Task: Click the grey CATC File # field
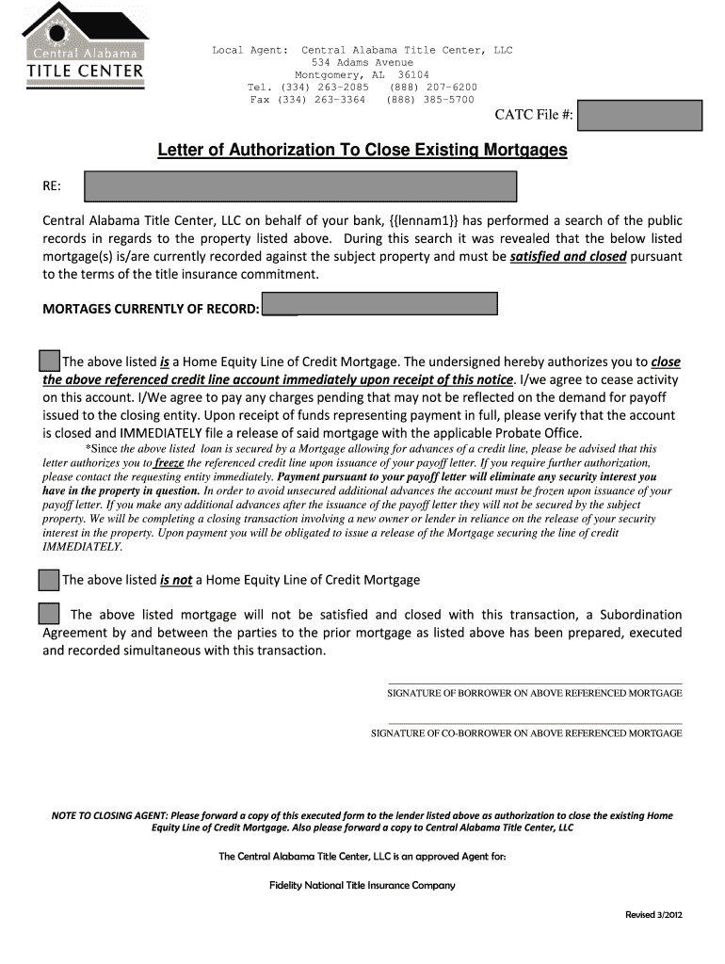640,116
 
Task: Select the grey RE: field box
300,186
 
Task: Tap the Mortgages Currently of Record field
379,304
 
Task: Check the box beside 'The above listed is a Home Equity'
50,361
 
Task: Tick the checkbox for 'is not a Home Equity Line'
50,579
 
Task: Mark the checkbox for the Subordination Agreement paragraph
50,614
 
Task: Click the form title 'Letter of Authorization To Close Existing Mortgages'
362,150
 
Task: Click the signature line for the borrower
535,684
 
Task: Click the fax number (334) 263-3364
321,100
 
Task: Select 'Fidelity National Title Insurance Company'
362,885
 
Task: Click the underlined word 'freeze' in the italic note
169,463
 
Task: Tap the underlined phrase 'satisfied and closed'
568,256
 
